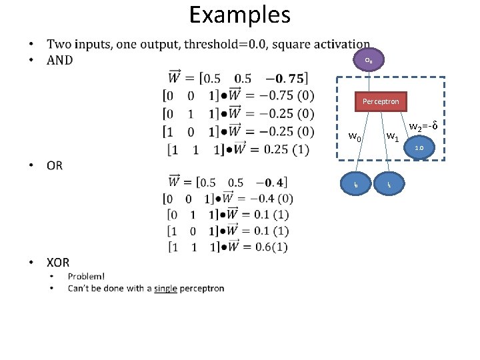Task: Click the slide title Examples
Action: pyautogui.click(x=239, y=15)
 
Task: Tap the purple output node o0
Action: pyautogui.click(x=369, y=61)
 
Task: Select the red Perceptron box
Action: pyautogui.click(x=381, y=102)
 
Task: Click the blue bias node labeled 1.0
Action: pyautogui.click(x=420, y=147)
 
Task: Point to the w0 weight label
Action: pyautogui.click(x=355, y=138)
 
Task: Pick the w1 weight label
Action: pyautogui.click(x=393, y=138)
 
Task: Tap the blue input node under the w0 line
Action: pyautogui.click(x=357, y=183)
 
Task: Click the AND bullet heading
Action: pyautogui.click(x=60, y=60)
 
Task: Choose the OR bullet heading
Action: pyautogui.click(x=55, y=165)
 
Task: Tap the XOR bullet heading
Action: pyautogui.click(x=58, y=263)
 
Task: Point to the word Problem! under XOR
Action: pyautogui.click(x=86, y=276)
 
